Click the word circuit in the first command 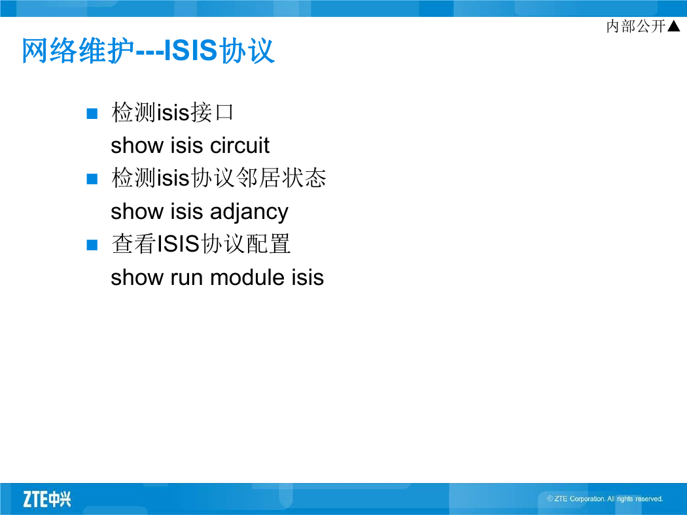pyautogui.click(x=239, y=145)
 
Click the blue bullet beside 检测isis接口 pyautogui.click(x=92, y=114)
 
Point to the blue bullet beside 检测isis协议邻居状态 pyautogui.click(x=92, y=179)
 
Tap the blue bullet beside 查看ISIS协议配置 pyautogui.click(x=92, y=244)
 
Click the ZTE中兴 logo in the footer pyautogui.click(x=47, y=499)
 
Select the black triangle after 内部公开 pyautogui.click(x=673, y=26)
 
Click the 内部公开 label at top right pyautogui.click(x=636, y=26)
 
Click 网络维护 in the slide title pyautogui.click(x=78, y=51)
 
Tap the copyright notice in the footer pyautogui.click(x=605, y=499)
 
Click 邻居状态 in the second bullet pyautogui.click(x=281, y=178)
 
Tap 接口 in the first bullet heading pyautogui.click(x=212, y=112)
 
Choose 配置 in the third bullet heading pyautogui.click(x=268, y=244)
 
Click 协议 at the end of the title pyautogui.click(x=247, y=51)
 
